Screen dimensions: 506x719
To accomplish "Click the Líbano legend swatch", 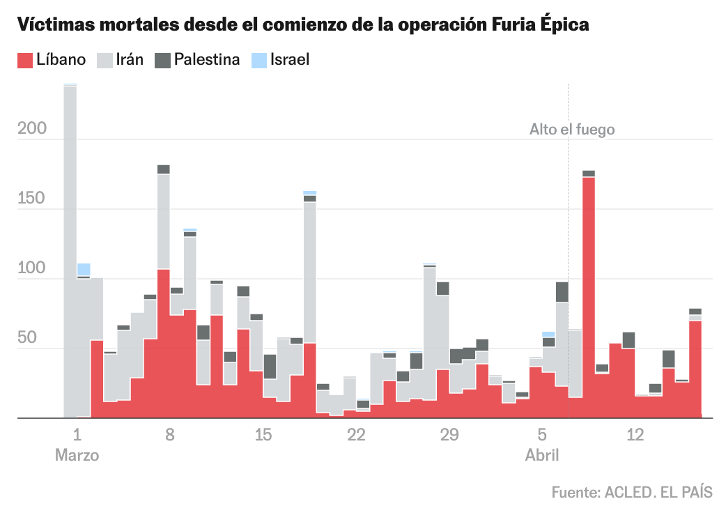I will pyautogui.click(x=25, y=60).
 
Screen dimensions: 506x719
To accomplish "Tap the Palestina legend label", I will pyautogui.click(x=207, y=60).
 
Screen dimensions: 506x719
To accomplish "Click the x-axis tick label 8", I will pyautogui.click(x=170, y=436).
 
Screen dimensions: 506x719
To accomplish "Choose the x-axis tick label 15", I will pyautogui.click(x=263, y=436).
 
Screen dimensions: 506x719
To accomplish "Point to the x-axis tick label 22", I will pyautogui.click(x=356, y=436).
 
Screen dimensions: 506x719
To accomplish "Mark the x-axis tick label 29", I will pyautogui.click(x=449, y=436).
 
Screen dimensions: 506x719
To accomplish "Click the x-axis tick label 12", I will pyautogui.click(x=635, y=436).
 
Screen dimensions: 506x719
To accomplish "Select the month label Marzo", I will pyautogui.click(x=77, y=456).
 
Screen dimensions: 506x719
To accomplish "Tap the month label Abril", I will pyautogui.click(x=542, y=456).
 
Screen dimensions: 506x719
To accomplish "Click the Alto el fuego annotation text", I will pyautogui.click(x=572, y=130).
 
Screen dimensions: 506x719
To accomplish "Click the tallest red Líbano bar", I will pyautogui.click(x=589, y=293).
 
